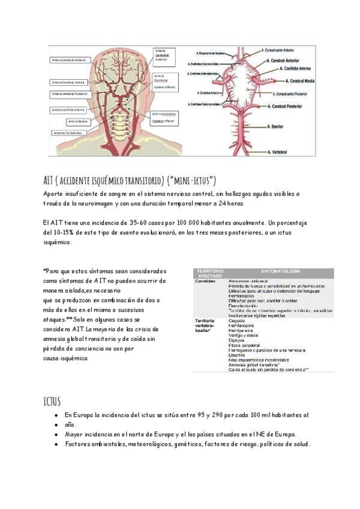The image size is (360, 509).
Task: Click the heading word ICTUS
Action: [x=52, y=400]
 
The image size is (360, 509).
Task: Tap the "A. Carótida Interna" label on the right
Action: [x=298, y=69]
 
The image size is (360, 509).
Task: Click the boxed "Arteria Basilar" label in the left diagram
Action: [x=79, y=121]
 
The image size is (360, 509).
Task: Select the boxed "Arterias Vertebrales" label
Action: [x=67, y=133]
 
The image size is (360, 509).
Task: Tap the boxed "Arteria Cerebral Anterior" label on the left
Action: [x=69, y=60]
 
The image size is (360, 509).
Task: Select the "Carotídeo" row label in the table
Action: [x=205, y=281]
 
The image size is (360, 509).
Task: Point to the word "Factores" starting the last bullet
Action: [x=80, y=444]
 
